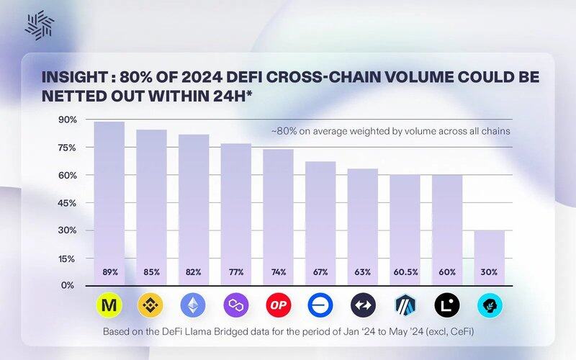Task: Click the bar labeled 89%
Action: (x=109, y=202)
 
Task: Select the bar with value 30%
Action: (x=490, y=256)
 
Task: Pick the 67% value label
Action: (x=320, y=272)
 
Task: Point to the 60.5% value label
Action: (x=405, y=272)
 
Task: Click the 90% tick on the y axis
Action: (x=67, y=120)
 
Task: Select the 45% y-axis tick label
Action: (x=67, y=202)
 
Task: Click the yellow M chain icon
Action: (x=109, y=306)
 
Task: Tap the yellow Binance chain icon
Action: (x=151, y=306)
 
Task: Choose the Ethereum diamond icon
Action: (x=194, y=306)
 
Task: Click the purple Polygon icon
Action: (x=236, y=306)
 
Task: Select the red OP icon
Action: (x=278, y=306)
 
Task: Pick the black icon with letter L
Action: (x=447, y=306)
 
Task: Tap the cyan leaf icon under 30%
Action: (x=490, y=306)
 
